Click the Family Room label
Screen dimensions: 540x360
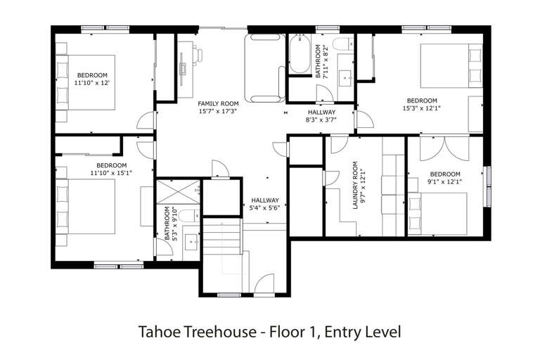[218, 103]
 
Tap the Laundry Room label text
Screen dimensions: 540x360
[355, 186]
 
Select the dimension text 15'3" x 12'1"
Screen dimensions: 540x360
[422, 108]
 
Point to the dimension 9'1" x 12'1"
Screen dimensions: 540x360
[445, 181]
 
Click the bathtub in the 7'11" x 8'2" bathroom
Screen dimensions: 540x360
[300, 54]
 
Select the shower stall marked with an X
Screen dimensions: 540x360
[178, 191]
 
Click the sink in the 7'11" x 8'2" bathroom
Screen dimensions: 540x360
[345, 79]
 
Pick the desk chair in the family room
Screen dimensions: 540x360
[198, 56]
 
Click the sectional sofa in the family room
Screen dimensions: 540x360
[265, 68]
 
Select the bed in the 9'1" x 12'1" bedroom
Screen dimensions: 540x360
[438, 214]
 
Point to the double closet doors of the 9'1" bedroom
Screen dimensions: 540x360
[444, 149]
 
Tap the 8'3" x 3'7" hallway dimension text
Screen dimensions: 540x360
[321, 120]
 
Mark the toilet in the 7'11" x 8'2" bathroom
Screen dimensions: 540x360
[343, 44]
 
